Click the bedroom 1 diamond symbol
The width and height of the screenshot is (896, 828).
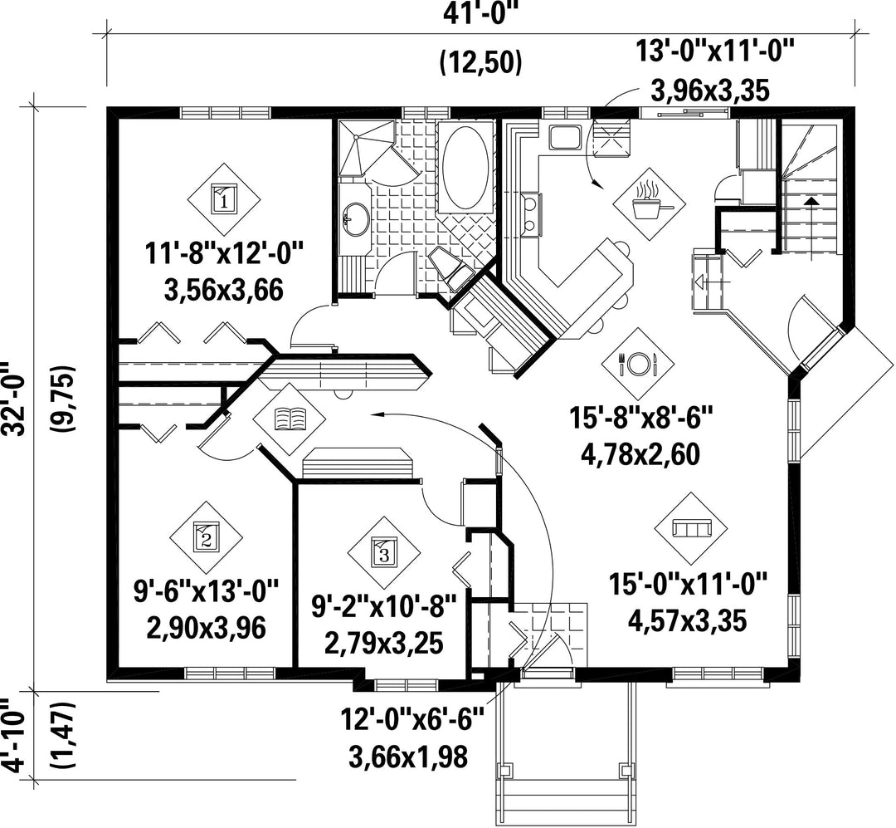click(x=224, y=198)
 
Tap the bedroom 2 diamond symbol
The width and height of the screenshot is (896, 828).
click(x=206, y=537)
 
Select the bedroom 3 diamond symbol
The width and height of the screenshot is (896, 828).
click(x=384, y=553)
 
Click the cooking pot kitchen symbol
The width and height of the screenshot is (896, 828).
click(x=649, y=203)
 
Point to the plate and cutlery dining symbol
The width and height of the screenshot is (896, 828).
click(x=638, y=363)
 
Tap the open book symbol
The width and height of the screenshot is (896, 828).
click(x=290, y=419)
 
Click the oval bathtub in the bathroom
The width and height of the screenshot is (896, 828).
click(x=466, y=167)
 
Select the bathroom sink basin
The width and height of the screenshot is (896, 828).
click(x=357, y=218)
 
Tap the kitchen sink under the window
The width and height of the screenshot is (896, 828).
click(x=565, y=137)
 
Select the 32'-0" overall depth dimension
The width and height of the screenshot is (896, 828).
click(x=14, y=398)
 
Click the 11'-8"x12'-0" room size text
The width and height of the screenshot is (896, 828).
click(x=223, y=253)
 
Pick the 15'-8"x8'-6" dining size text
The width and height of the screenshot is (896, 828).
click(x=641, y=417)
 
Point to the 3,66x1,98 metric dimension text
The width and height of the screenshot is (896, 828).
click(x=408, y=756)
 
